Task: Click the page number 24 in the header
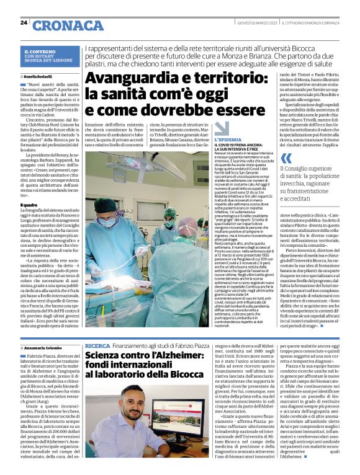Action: tap(24, 23)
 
